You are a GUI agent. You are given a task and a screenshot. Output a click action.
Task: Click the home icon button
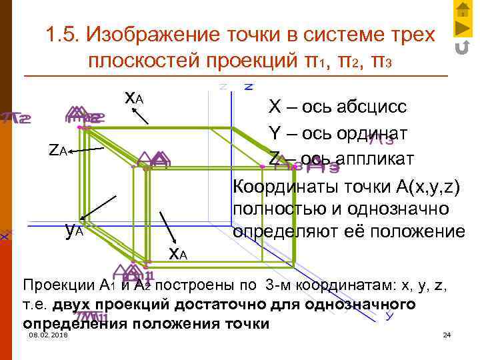(461, 10)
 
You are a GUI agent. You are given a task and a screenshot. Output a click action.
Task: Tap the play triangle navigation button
(461, 29)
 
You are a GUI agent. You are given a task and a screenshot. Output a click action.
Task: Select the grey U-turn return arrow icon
(461, 47)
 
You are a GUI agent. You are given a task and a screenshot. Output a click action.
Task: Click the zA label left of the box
(58, 150)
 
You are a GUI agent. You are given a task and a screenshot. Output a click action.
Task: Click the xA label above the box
(133, 99)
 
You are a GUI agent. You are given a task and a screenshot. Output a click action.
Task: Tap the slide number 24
(447, 334)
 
